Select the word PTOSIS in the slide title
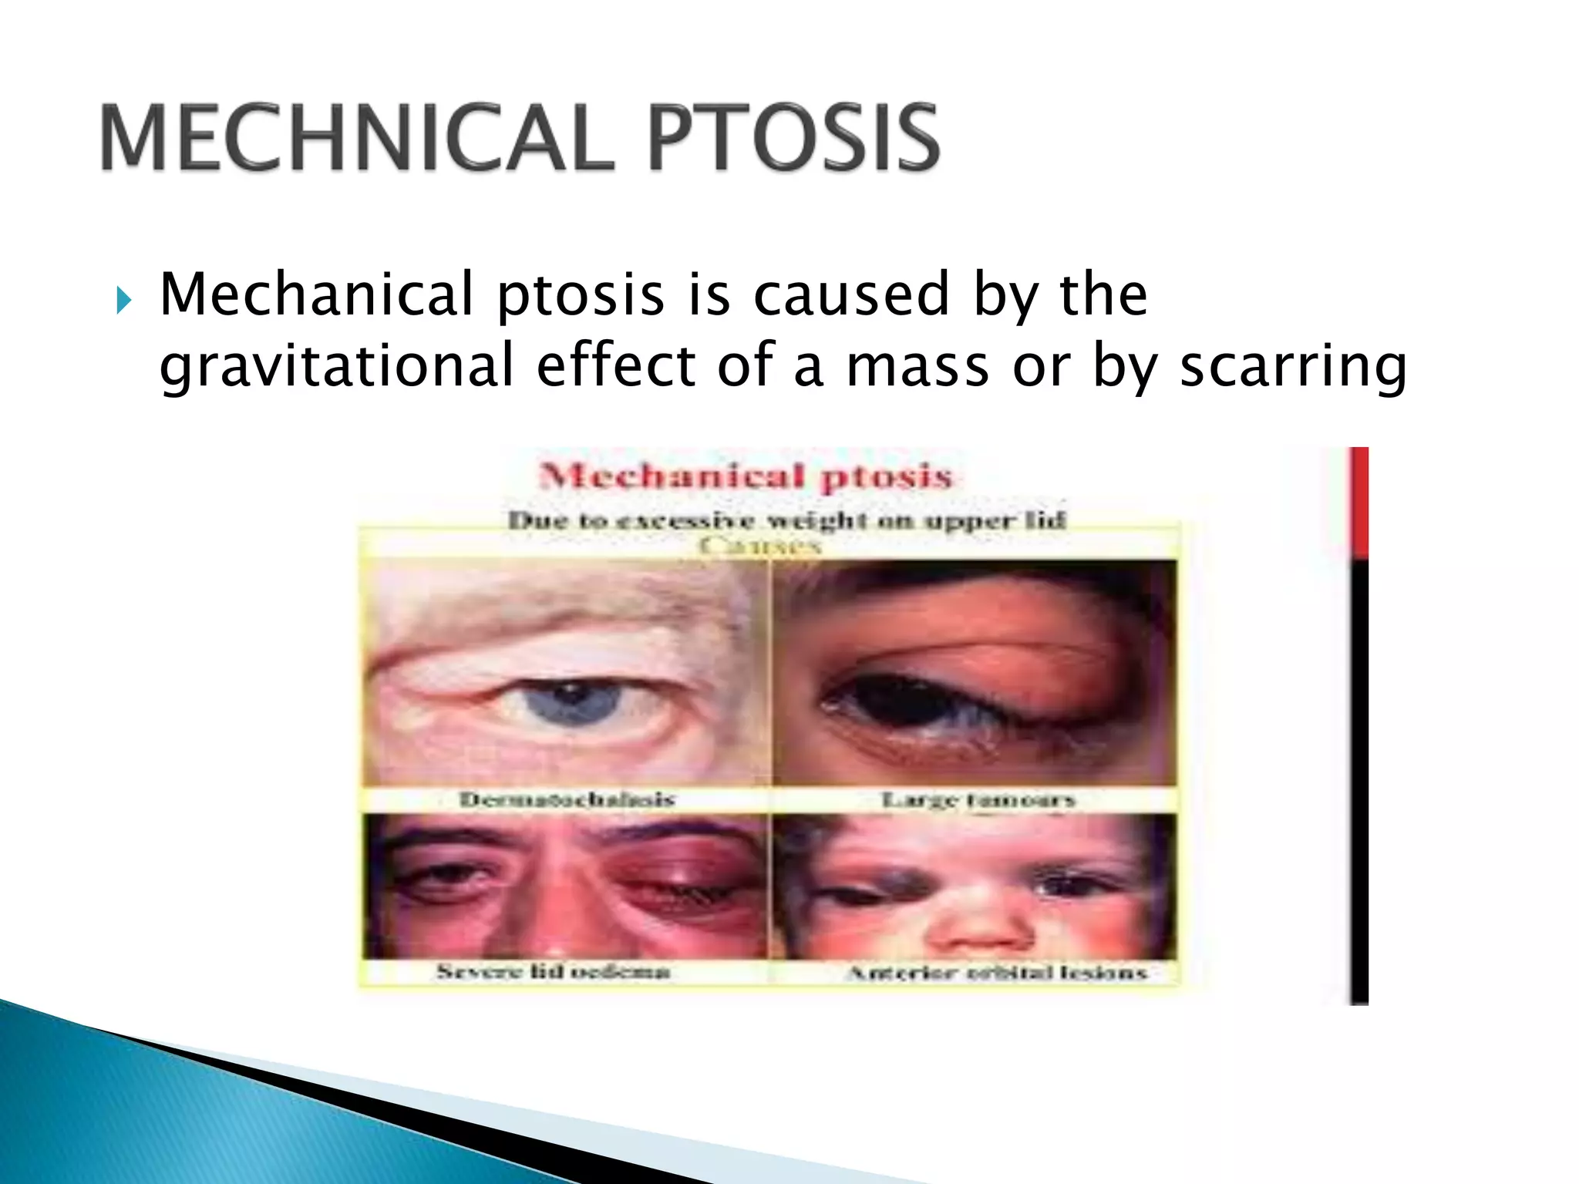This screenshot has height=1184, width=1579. point(793,139)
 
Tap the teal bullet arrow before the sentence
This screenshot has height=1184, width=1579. point(124,301)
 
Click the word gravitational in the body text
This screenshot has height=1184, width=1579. point(336,366)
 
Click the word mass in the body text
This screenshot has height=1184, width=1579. point(917,368)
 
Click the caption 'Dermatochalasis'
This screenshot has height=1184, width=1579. point(567,799)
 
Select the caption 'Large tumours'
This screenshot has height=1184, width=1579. point(978,801)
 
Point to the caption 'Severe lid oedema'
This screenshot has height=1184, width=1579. point(553,971)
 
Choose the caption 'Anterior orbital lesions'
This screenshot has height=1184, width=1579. point(997,973)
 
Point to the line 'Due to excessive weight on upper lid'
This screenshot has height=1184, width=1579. point(786,521)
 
